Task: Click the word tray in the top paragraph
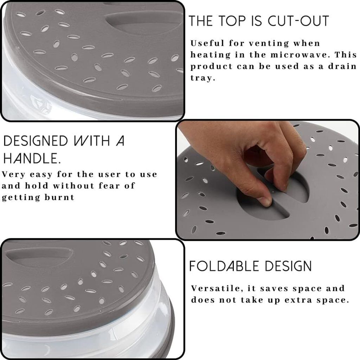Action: (x=203, y=78)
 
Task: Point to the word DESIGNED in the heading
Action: (x=36, y=141)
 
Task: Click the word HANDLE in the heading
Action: (x=32, y=158)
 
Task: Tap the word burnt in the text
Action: (x=59, y=197)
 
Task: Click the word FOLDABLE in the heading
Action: (x=224, y=266)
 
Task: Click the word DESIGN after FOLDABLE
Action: (x=288, y=266)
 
